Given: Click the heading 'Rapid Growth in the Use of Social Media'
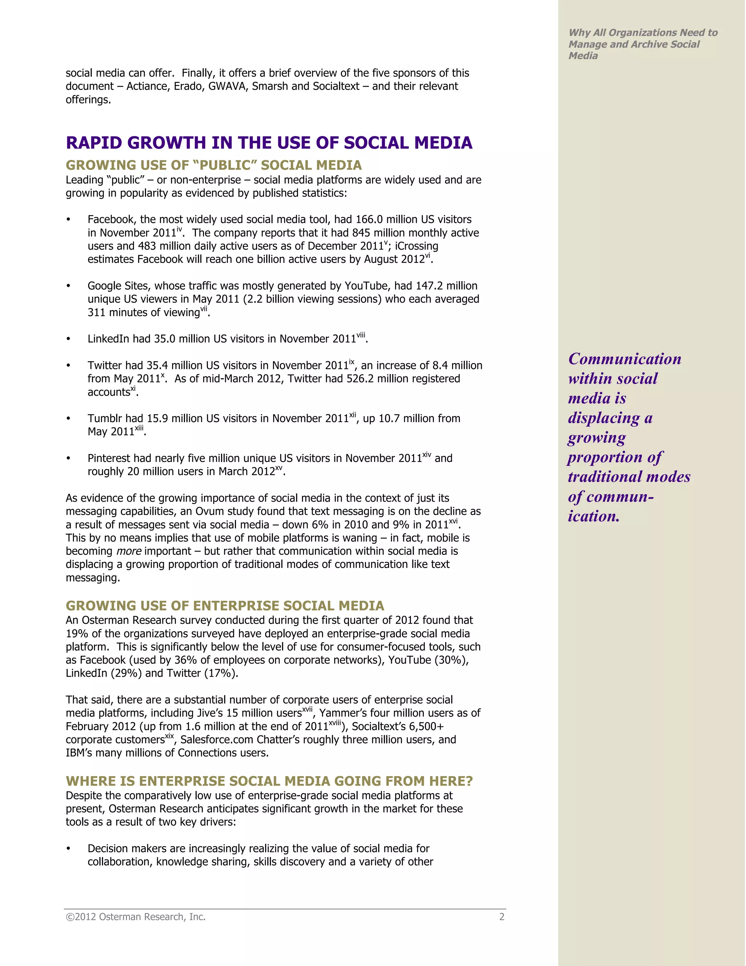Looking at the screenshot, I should click(269, 143).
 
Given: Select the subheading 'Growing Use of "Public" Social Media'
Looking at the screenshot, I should click(213, 165).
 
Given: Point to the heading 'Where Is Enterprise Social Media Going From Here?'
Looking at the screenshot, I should click(269, 781).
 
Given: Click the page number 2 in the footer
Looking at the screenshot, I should click(502, 917).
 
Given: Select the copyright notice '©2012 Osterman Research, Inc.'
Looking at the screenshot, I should click(136, 917).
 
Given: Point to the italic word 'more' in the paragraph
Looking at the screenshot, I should click(129, 551).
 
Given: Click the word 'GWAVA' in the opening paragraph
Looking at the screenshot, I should click(228, 86).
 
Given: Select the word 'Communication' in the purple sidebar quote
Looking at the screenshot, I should click(624, 359).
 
